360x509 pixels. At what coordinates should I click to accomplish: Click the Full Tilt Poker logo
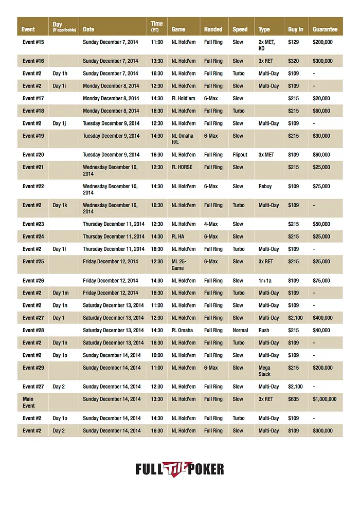tap(180, 469)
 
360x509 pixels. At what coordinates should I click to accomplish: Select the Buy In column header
tap(295, 29)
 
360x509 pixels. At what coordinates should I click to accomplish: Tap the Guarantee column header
tap(325, 29)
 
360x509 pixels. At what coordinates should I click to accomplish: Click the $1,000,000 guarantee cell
tap(325, 399)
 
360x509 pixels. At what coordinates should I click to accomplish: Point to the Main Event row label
tap(28, 402)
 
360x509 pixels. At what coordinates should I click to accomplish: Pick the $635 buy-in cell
tap(294, 399)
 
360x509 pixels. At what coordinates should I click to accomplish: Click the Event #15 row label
tap(33, 42)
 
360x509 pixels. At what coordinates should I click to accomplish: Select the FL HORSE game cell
tap(183, 167)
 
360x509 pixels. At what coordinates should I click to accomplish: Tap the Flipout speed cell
tap(240, 155)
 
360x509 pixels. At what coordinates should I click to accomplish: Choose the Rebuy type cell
tap(265, 186)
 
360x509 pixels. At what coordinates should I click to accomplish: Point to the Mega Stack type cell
tap(265, 371)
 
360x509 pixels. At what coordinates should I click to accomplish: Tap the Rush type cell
tap(264, 330)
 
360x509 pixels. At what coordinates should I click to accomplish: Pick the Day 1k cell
tap(60, 205)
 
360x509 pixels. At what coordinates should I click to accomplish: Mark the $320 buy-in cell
tap(293, 61)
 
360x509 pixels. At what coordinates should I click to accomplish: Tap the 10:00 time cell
tap(157, 355)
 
